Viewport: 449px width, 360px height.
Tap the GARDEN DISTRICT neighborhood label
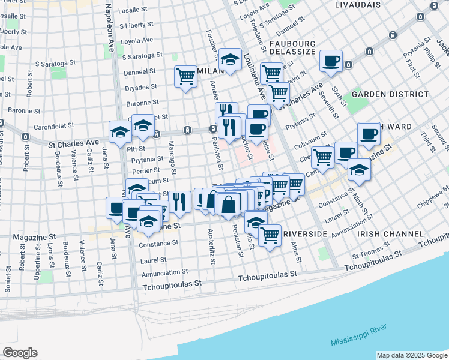pyautogui.click(x=390, y=94)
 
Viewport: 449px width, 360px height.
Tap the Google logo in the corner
pyautogui.click(x=20, y=353)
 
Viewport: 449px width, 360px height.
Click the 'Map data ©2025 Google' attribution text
pyautogui.click(x=411, y=355)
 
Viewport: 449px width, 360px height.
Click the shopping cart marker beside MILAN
pyautogui.click(x=186, y=76)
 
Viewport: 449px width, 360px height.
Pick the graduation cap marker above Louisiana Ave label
pyautogui.click(x=229, y=59)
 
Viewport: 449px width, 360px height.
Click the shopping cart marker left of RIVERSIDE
pyautogui.click(x=270, y=235)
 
